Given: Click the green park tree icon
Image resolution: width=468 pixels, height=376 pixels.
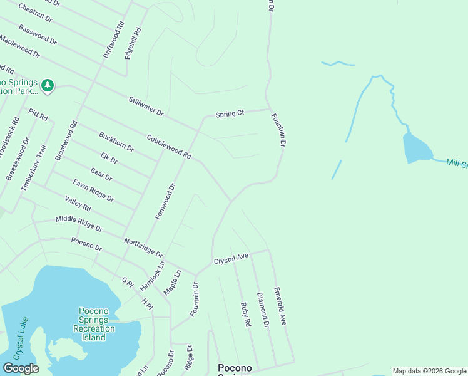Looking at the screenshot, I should coord(48,85).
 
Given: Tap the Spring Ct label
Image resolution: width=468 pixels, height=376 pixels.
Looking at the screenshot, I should coord(230,114).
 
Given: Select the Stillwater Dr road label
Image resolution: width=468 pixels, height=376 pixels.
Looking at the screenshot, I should coord(146,106).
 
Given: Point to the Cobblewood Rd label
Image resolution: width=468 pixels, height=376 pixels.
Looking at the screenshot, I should coord(168,146).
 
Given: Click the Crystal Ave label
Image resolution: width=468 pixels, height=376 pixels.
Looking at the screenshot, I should coord(231,258).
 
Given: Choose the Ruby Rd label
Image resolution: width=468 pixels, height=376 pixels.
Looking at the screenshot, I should coord(245,315).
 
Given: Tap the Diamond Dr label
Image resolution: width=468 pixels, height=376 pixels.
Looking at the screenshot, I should coord(263,310).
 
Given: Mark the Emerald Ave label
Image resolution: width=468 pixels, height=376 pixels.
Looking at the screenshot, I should coord(280,306).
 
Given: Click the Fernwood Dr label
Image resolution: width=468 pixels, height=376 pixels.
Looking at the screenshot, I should coord(166,201).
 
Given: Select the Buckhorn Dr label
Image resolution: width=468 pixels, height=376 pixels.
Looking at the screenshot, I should coord(116,142).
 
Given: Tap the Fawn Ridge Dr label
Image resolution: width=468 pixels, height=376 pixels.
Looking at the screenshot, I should coord(93,191).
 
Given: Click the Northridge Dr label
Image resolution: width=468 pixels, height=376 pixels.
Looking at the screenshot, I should coord(143,248).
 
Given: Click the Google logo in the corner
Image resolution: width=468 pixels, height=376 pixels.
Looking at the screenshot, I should coord(21,368).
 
